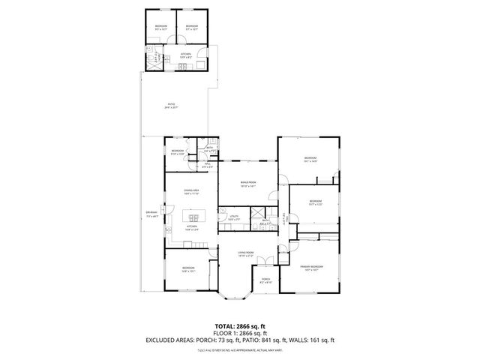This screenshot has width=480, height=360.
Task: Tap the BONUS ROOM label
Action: [249, 183]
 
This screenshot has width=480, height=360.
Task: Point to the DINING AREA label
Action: [191, 191]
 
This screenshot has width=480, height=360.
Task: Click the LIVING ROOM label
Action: [246, 253]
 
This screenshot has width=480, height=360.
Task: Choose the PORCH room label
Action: [265, 280]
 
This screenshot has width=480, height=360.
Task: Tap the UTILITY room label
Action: [234, 216]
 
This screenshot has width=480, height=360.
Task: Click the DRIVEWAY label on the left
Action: [151, 213]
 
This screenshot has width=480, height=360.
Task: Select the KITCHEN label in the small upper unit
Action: [185, 55]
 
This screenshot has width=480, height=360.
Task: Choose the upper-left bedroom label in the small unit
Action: [161, 27]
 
